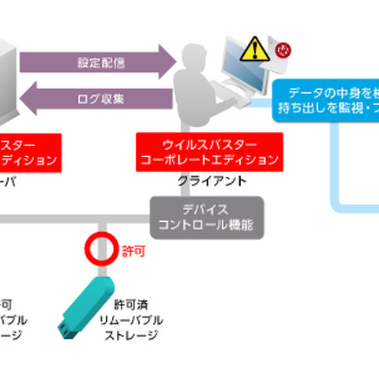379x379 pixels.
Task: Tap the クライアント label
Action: pyautogui.click(x=208, y=181)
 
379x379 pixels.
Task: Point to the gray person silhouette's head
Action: pyautogui.click(x=193, y=58)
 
